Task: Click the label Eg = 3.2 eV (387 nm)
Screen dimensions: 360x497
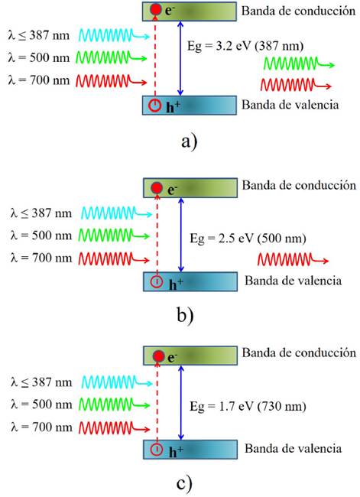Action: point(245,47)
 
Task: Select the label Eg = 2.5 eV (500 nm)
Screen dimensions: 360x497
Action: point(248,239)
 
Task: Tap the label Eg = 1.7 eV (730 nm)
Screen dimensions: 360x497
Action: point(248,406)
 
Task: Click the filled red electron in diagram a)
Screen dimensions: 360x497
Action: point(156,9)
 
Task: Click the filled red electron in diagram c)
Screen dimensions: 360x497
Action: point(158,356)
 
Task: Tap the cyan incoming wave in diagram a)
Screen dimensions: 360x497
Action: point(114,35)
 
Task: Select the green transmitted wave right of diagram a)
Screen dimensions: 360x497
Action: point(299,63)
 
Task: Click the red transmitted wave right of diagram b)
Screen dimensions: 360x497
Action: point(294,259)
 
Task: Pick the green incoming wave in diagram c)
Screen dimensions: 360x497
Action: point(114,404)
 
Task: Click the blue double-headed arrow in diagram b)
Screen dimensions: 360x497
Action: point(181,235)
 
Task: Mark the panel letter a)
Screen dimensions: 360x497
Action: point(190,141)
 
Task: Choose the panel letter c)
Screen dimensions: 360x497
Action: point(184,484)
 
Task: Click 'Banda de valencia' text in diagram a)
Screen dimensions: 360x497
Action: point(290,105)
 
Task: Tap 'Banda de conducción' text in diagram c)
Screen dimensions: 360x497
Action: point(299,352)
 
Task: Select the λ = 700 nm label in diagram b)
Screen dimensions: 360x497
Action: point(41,258)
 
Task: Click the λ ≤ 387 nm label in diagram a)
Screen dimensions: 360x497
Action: point(39,35)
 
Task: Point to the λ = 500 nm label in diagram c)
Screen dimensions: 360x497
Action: point(41,404)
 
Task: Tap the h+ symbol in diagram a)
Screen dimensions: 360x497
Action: point(173,106)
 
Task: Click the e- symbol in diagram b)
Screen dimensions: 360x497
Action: point(172,190)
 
